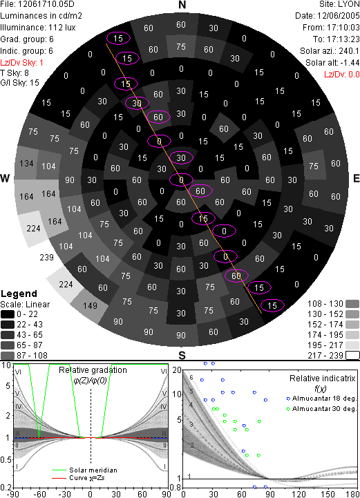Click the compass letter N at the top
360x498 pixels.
pyautogui.click(x=182, y=5)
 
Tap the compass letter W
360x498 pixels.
pyautogui.click(x=5, y=178)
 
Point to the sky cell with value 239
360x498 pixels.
pyautogui.click(x=46, y=257)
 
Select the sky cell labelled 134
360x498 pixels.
pyautogui.click(x=26, y=163)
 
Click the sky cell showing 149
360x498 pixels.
pyautogui.click(x=90, y=305)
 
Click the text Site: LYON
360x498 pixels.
pyautogui.click(x=339, y=5)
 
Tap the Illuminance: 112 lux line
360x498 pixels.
pyautogui.click(x=38, y=28)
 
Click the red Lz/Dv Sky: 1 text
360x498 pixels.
pyautogui.click(x=21, y=63)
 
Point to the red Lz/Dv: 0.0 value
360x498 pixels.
pyautogui.click(x=342, y=75)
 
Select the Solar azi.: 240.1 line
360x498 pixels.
pyautogui.click(x=330, y=51)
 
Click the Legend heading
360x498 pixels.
pyautogui.click(x=19, y=294)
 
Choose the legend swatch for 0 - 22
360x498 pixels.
pyautogui.click(x=8, y=314)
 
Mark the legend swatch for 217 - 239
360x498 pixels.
pyautogui.click(x=352, y=356)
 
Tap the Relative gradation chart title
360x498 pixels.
pyautogui.click(x=93, y=370)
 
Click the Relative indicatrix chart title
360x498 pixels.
pyautogui.click(x=322, y=379)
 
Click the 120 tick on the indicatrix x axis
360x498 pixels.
pyautogui.click(x=299, y=494)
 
